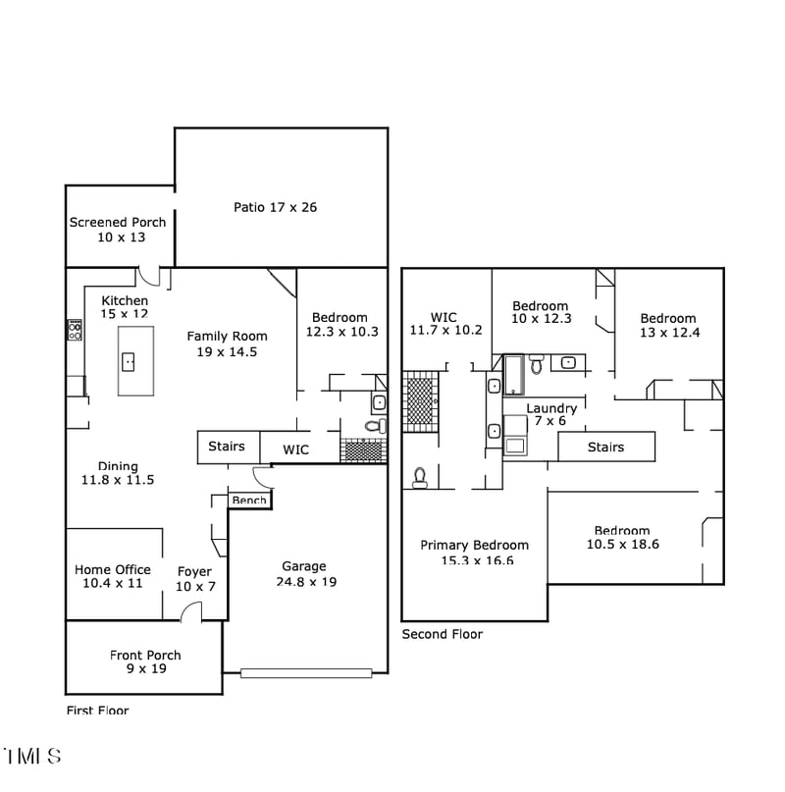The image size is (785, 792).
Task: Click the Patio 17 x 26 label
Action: click(275, 207)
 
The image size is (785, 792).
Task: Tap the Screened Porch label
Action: click(118, 230)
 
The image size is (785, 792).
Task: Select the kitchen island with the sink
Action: click(135, 361)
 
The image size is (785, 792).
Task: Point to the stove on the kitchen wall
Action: click(75, 330)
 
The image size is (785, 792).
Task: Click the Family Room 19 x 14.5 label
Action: click(228, 343)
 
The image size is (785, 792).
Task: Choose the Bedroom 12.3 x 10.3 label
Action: click(340, 325)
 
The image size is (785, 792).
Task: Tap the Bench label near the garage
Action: click(249, 501)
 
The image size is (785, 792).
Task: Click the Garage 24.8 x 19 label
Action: click(304, 574)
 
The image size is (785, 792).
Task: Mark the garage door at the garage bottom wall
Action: click(306, 673)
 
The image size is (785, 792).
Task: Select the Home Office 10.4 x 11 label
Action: click(113, 576)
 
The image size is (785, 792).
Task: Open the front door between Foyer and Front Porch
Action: click(190, 613)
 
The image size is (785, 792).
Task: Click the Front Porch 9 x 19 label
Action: click(145, 662)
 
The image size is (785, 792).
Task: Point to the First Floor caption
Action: click(97, 711)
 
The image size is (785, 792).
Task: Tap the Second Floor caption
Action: click(443, 635)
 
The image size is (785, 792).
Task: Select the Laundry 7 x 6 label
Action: click(551, 414)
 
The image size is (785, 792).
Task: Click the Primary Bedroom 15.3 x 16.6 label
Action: click(474, 553)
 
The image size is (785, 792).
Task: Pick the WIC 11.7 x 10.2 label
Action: click(445, 324)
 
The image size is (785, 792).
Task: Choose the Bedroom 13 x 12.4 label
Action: click(668, 326)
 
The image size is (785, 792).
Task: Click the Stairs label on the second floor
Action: click(605, 448)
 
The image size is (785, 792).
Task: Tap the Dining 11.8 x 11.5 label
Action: click(118, 473)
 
